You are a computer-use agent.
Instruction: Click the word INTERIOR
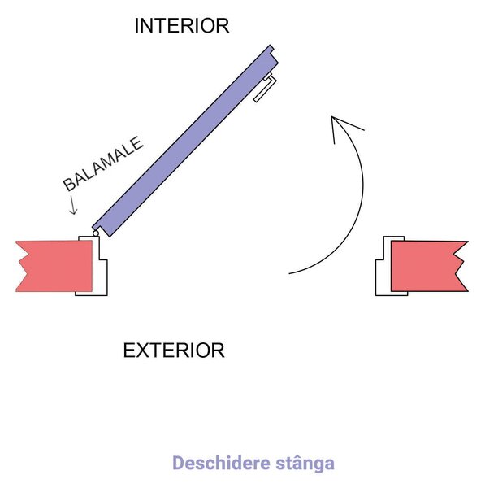click(182, 25)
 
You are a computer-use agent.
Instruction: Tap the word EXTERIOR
click(174, 351)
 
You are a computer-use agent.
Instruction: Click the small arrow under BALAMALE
click(73, 205)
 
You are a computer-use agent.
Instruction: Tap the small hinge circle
click(96, 233)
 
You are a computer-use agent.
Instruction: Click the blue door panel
click(185, 141)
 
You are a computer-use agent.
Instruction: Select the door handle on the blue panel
click(266, 87)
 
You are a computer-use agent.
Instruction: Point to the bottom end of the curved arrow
click(289, 273)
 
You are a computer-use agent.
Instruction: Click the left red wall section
click(54, 266)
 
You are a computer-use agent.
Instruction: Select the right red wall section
click(429, 266)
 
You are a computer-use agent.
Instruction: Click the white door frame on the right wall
click(383, 277)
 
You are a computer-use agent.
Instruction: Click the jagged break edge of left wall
click(23, 266)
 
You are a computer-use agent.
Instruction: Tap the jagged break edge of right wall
click(461, 266)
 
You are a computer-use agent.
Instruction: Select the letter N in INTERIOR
click(148, 25)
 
